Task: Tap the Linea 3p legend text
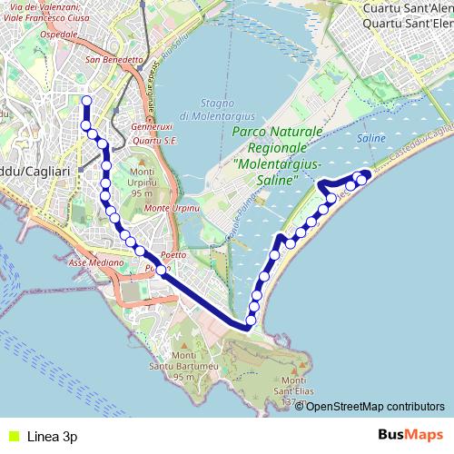(x=53, y=436)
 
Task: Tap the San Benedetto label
(x=114, y=60)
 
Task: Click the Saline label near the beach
(x=372, y=138)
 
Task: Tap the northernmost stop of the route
(x=86, y=101)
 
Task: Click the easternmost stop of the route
(x=366, y=174)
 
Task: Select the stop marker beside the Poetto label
(x=162, y=270)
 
